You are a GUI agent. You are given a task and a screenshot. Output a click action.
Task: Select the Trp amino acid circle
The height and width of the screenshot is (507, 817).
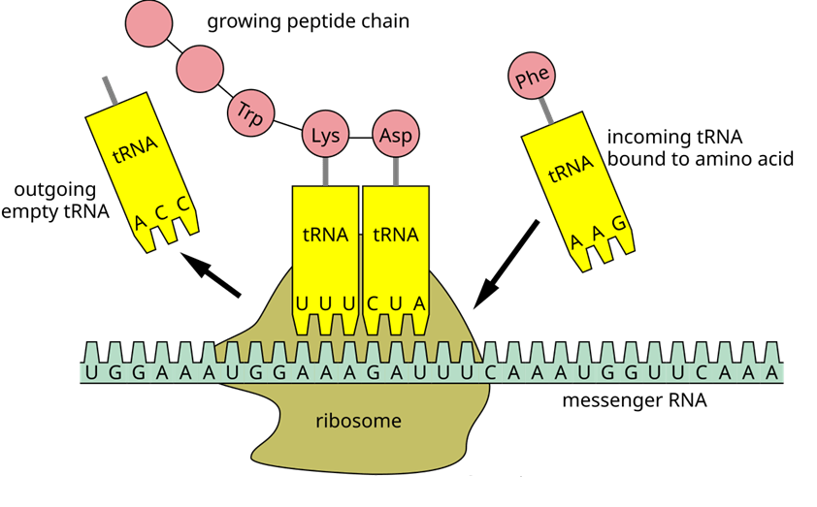click(251, 111)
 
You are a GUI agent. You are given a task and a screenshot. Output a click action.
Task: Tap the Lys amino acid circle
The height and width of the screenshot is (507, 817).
click(325, 136)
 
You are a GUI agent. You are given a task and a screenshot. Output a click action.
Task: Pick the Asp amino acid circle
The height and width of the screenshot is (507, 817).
click(396, 136)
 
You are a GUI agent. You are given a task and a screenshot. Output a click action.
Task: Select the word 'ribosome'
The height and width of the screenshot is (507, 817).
click(358, 421)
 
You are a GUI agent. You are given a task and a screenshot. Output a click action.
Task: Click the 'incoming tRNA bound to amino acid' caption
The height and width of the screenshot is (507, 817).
click(701, 147)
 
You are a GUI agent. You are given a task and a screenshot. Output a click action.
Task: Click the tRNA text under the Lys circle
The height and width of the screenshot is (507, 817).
click(324, 235)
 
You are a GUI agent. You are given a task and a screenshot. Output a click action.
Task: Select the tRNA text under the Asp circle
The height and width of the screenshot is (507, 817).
click(395, 235)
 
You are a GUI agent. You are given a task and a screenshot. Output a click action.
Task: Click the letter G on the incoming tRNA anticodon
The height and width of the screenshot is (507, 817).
click(617, 225)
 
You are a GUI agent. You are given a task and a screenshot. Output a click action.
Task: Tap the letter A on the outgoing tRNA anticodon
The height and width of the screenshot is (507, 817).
click(141, 224)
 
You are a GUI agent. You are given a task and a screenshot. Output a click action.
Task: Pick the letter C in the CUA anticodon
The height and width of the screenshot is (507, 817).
click(373, 302)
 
